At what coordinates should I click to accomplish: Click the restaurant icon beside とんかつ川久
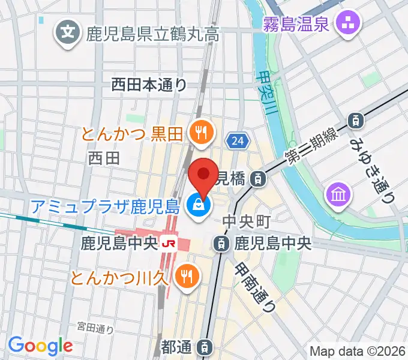187,277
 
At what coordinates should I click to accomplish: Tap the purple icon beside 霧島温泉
347,25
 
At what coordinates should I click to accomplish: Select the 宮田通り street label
95,328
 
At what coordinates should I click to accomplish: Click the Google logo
40,346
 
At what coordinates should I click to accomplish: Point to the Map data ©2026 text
358,351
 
